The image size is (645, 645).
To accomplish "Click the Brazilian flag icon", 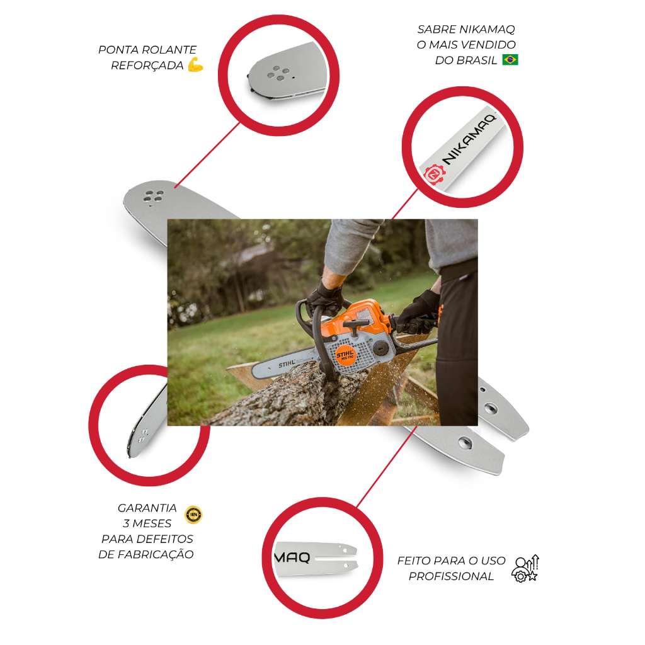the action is pos(510,60).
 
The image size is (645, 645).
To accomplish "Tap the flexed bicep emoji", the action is pos(196,65).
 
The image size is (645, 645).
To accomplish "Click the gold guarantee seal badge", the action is pos(193,515).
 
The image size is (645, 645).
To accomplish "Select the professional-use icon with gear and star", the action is pos(525,568).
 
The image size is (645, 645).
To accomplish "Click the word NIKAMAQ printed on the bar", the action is pos(469,140).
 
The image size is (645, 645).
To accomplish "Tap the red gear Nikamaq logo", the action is pos(435,174).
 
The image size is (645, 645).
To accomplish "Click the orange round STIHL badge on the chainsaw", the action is pos(345,355).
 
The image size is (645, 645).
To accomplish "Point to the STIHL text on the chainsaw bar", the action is pos(287,363).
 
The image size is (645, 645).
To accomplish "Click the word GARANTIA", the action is pos(147,508).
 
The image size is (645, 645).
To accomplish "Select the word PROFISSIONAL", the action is pos(451,576).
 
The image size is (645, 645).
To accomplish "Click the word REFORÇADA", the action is pos(147,66).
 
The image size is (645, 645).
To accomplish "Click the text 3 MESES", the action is pos(147,523).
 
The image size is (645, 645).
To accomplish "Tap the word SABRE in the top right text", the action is pos(437,29).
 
